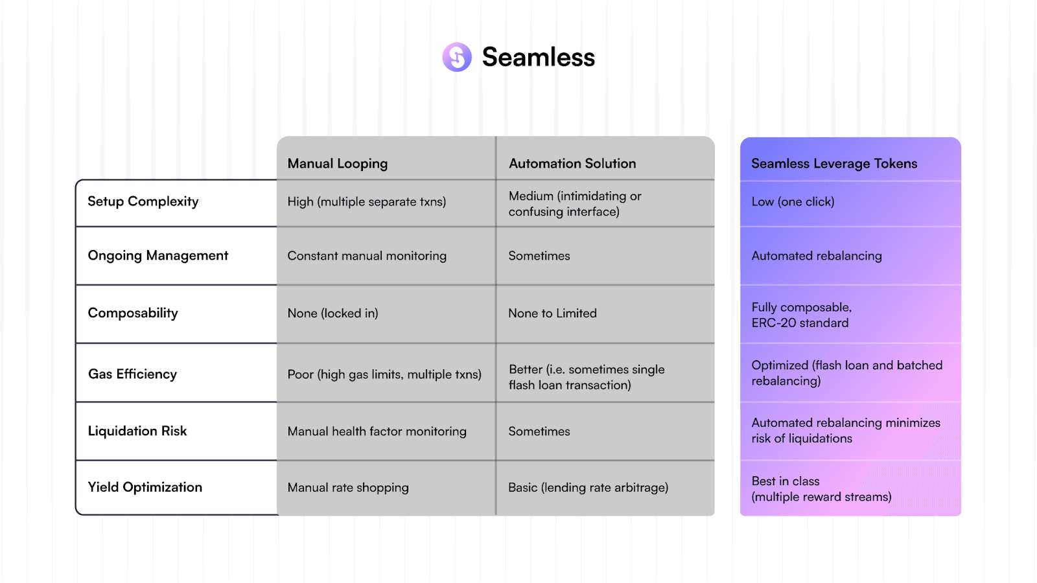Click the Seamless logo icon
click(457, 57)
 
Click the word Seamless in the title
click(538, 57)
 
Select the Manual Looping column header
click(338, 163)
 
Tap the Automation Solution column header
click(572, 163)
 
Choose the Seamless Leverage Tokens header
click(834, 163)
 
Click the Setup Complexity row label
click(143, 201)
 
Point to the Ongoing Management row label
click(158, 255)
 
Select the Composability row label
click(133, 313)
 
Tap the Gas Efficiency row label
click(132, 374)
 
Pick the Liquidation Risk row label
click(137, 431)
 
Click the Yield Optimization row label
click(145, 487)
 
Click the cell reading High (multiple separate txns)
click(367, 201)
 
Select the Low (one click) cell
click(793, 201)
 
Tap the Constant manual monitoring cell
click(367, 256)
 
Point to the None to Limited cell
click(552, 313)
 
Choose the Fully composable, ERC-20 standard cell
click(801, 315)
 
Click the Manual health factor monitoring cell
click(377, 431)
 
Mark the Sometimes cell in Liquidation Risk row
click(539, 431)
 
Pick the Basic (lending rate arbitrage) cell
click(588, 487)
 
